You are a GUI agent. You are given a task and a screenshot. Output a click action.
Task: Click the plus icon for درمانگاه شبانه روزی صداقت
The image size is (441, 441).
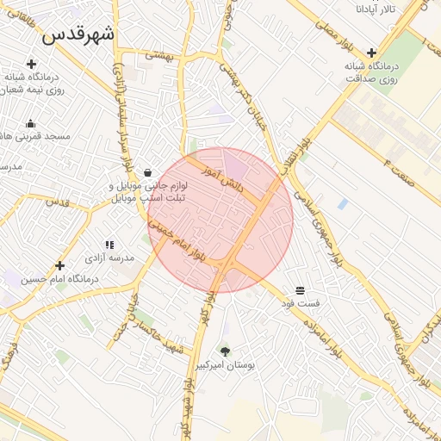click(x=371, y=53)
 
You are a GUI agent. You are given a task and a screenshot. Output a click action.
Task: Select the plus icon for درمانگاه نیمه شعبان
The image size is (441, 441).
click(x=31, y=64)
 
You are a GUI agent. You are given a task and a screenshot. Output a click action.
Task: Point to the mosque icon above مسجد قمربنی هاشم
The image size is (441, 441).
click(x=31, y=123)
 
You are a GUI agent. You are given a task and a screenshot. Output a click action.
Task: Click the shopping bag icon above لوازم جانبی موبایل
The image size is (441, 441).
click(x=148, y=172)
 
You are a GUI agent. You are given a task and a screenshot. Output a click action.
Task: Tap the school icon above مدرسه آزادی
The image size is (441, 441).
click(x=109, y=245)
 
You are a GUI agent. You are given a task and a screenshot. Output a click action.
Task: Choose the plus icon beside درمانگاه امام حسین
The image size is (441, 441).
click(x=59, y=265)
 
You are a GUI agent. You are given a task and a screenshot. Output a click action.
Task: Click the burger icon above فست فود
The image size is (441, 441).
click(x=300, y=290)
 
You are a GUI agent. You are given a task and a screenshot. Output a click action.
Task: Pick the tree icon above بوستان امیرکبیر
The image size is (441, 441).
click(x=226, y=351)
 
